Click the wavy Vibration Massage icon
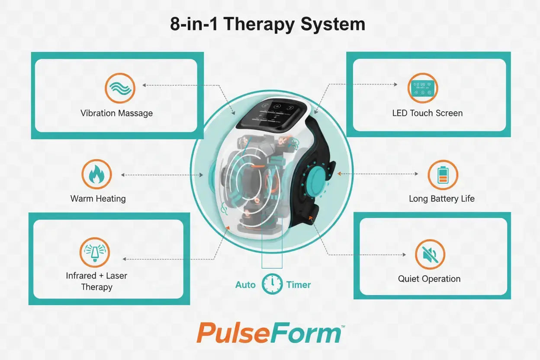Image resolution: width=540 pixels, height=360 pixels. click(120, 88)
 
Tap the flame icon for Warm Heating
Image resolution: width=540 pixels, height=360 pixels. click(96, 174)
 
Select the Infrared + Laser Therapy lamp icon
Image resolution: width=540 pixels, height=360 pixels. click(95, 252)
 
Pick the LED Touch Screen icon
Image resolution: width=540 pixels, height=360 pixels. click(423, 88)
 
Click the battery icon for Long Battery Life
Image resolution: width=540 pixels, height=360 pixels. click(443, 175)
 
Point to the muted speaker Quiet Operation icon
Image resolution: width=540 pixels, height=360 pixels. click(430, 254)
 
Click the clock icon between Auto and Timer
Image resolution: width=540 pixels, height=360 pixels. click(272, 284)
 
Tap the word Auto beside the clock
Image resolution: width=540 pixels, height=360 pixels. click(245, 285)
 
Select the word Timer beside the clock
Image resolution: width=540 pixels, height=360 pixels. click(299, 285)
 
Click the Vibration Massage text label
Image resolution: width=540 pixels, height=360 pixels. click(116, 113)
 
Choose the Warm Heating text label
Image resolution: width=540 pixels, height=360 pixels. click(98, 199)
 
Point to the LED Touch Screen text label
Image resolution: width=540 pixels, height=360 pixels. click(427, 113)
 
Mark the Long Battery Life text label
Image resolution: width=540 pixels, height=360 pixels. click(442, 199)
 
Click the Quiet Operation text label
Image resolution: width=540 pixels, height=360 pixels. click(429, 279)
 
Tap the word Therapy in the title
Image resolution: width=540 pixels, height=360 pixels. click(259, 24)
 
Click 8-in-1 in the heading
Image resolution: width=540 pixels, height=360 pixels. click(196, 24)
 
